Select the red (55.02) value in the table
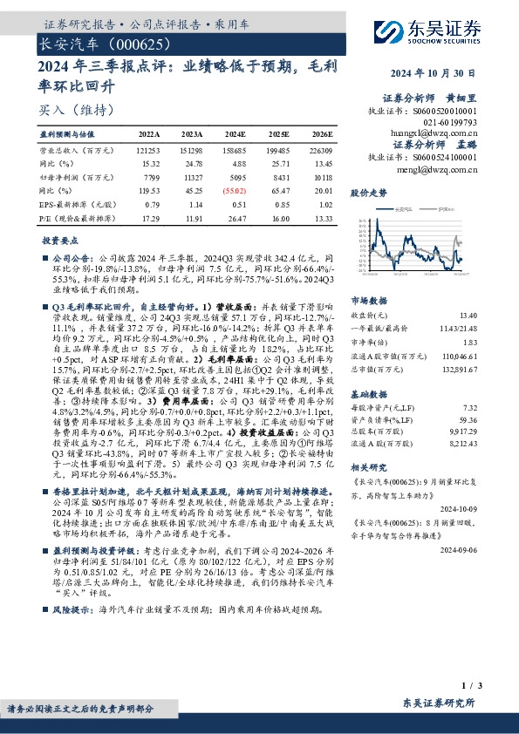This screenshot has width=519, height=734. pos(235,188)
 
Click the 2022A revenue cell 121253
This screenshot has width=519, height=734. pos(150,149)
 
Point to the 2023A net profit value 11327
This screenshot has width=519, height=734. pos(193,175)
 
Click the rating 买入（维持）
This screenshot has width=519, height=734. pos(66,111)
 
